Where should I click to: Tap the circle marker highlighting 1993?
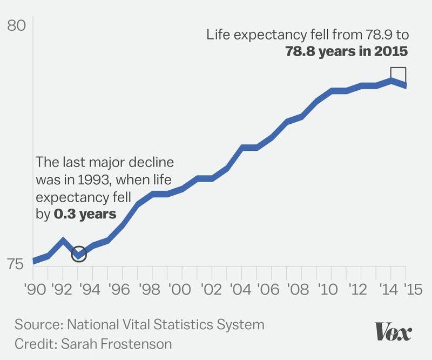point(79,254)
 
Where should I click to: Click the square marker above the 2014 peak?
point(398,75)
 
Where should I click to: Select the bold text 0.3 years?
point(85,214)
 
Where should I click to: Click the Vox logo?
point(394,331)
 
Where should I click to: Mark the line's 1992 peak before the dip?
point(63,240)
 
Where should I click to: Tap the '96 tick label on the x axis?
point(122,291)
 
